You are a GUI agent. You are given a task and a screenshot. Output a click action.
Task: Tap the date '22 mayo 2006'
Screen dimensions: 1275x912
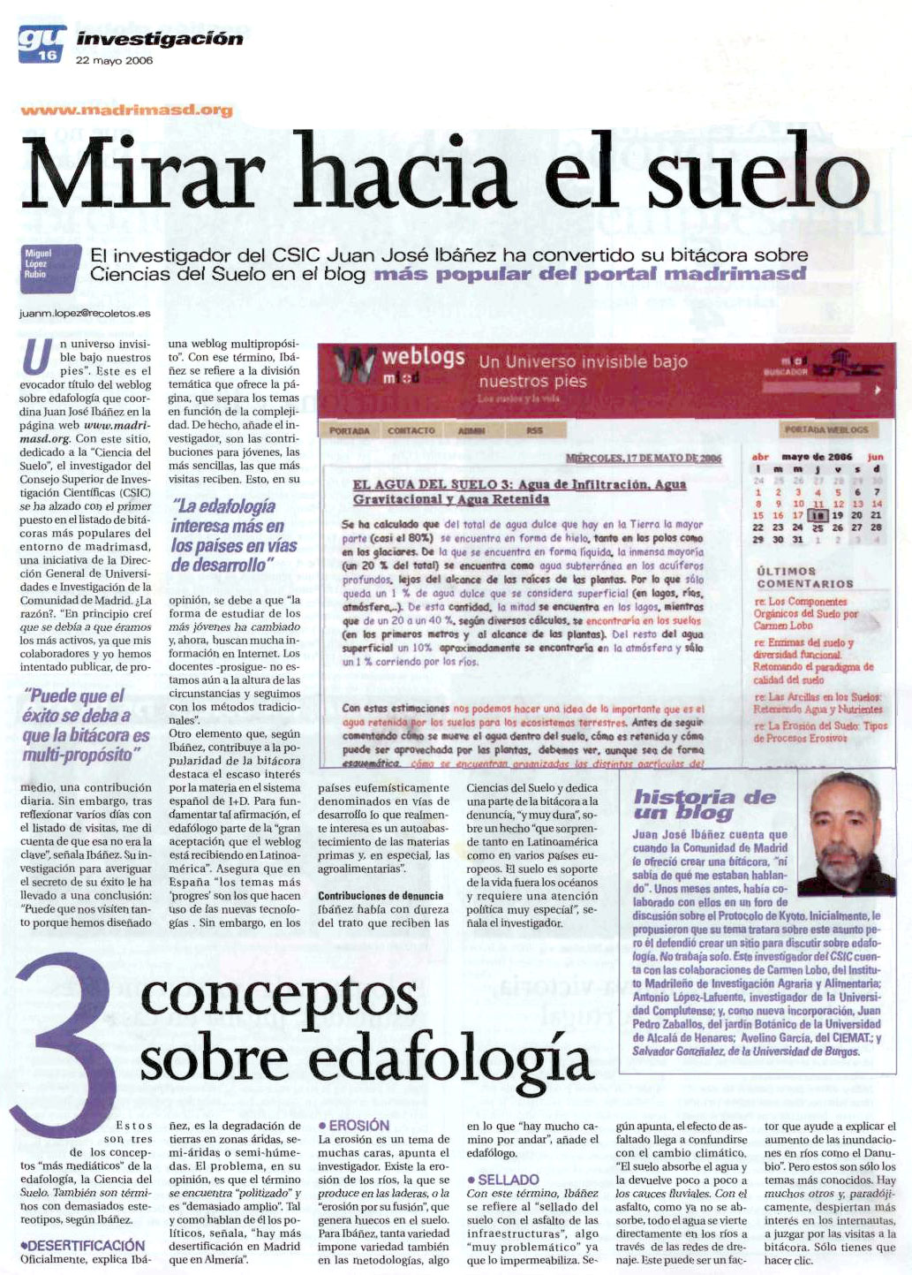point(114,61)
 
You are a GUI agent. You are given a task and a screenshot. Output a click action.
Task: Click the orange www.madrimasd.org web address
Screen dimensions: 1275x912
point(126,110)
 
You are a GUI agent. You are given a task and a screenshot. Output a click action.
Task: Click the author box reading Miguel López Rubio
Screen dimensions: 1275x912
point(41,263)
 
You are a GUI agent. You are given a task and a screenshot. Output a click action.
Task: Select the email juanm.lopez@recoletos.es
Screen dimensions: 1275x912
point(85,313)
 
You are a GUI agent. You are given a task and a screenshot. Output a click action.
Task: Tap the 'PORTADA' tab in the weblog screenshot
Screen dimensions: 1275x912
point(349,430)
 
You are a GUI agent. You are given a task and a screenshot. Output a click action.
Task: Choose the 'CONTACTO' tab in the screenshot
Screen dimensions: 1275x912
point(411,430)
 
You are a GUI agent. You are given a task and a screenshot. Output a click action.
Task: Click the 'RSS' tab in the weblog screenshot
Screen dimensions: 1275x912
point(534,430)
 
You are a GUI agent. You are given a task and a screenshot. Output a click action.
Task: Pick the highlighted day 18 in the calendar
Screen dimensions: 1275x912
point(818,514)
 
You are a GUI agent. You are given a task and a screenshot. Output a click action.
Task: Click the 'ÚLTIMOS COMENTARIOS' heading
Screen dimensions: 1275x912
point(804,577)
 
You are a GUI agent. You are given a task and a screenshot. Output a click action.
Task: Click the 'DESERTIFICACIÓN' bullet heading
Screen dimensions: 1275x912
point(82,1245)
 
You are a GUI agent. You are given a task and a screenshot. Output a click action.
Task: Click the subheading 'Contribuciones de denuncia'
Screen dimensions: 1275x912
point(381,895)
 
